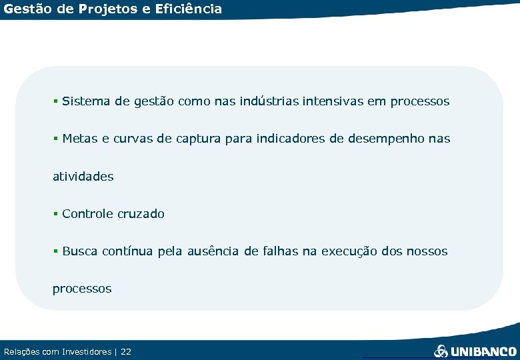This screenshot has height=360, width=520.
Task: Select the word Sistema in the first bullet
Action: click(86, 101)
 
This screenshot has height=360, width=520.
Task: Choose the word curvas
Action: click(131, 139)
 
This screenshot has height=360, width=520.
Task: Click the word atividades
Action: click(83, 177)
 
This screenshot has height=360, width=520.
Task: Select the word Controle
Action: click(87, 214)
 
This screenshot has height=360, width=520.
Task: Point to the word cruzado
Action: click(141, 214)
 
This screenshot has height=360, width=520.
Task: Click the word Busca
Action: click(79, 251)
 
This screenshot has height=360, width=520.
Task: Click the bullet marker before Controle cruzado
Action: click(56, 214)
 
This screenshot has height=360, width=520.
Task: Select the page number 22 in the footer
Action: click(126, 351)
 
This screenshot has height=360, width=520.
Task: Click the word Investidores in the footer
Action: click(87, 351)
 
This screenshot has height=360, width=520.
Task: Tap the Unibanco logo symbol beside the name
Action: click(441, 351)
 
